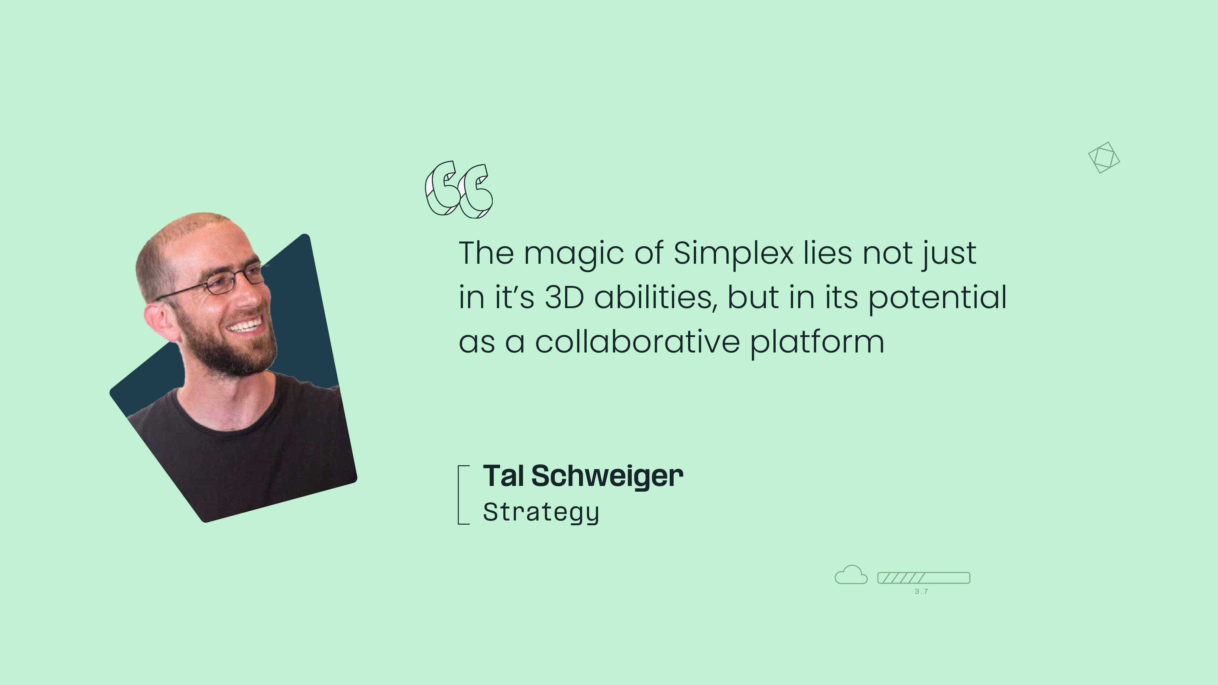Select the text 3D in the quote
pos(564,297)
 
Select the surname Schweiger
pos(608,476)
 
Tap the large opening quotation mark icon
pos(459,190)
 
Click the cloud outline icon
pos(851,575)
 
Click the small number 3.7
pos(921,591)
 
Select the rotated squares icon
pos(1104,158)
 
